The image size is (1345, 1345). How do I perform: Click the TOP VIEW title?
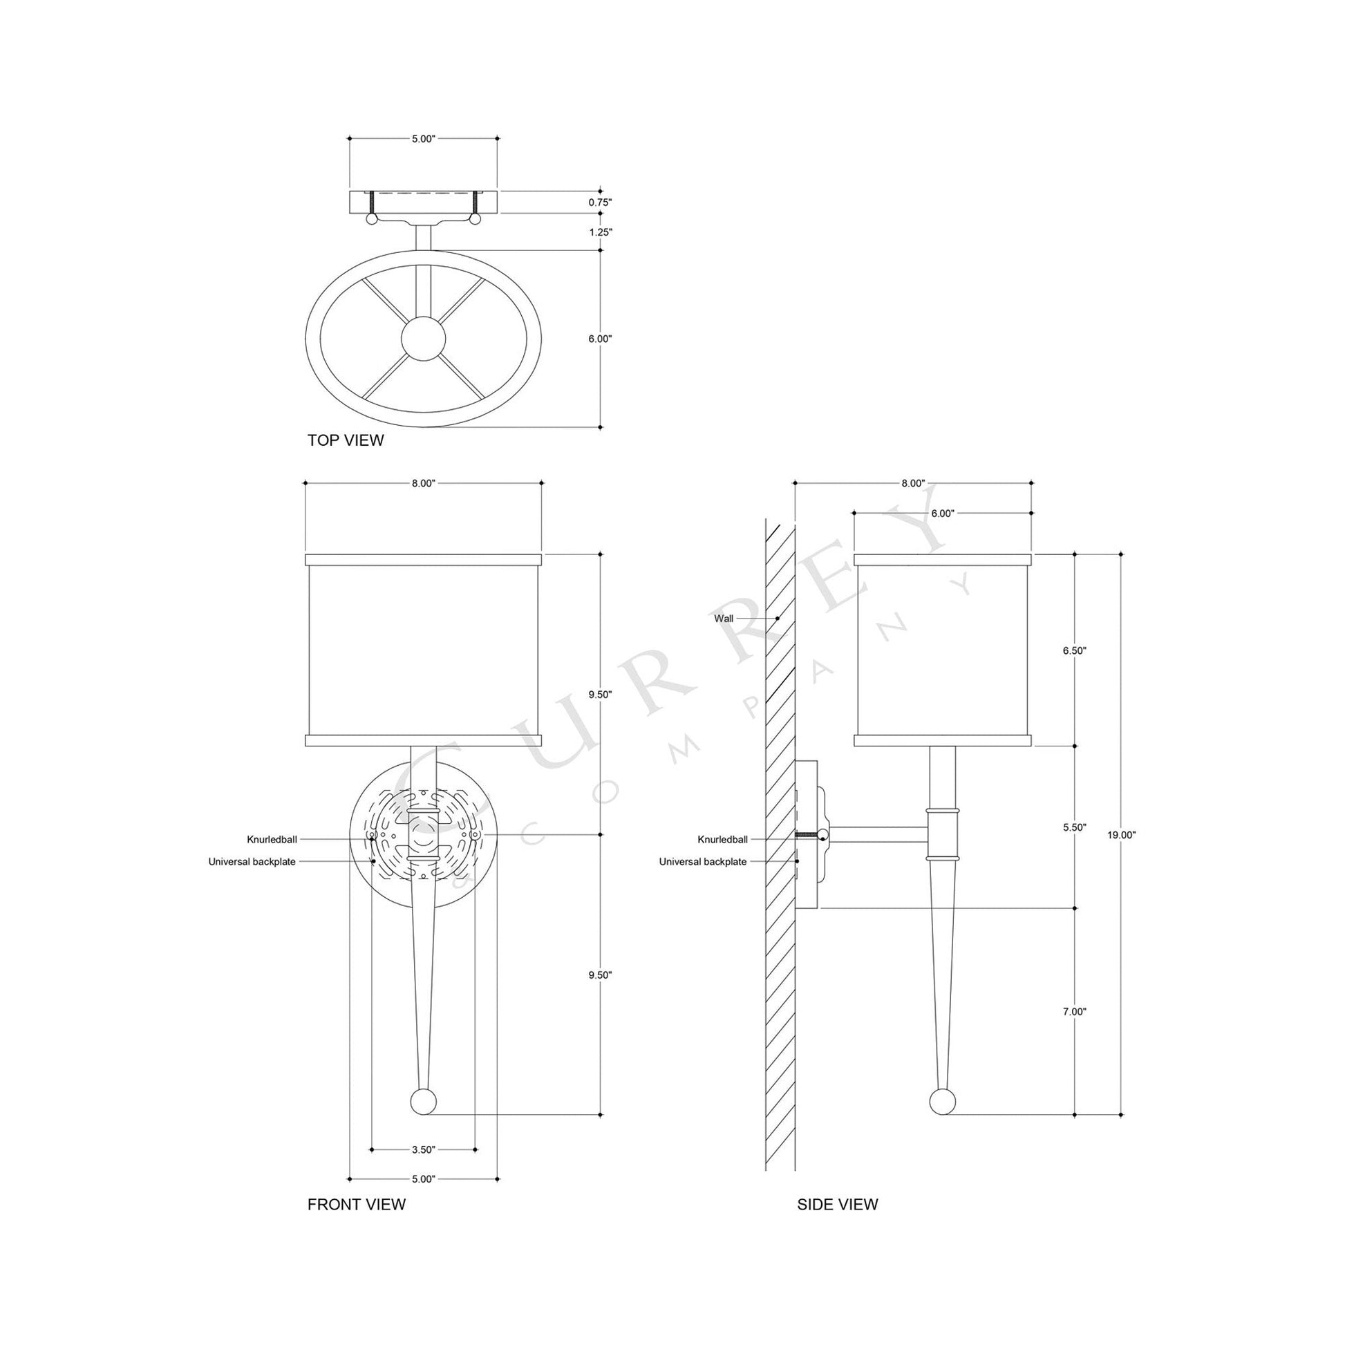coord(346,440)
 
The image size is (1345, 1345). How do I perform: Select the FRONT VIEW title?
coord(356,1205)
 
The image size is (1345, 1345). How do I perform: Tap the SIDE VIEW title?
coord(838,1205)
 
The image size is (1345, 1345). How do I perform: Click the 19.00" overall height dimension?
coord(1121,836)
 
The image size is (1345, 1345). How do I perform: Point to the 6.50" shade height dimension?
coord(1075,650)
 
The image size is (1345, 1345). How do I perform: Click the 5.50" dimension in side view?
coord(1075,827)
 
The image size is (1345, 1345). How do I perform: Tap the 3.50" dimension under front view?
coord(423,1150)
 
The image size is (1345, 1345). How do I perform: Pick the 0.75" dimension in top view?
coord(600,203)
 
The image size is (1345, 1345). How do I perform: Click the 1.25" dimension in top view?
coord(600,232)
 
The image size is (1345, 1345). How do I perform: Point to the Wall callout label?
coord(724,618)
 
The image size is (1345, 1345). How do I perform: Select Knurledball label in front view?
coord(272,840)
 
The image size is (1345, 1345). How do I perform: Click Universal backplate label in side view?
coord(702,862)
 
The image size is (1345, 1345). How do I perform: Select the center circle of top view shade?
coord(423,339)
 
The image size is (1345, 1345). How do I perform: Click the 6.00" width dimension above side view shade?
coord(942,514)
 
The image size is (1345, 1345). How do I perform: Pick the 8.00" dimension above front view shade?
coord(423,484)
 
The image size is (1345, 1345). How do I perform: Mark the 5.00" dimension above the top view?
coord(423,138)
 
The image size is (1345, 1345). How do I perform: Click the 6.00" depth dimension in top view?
coord(600,339)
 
